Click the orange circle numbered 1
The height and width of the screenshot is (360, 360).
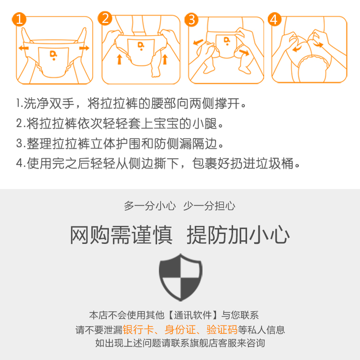pyautogui.click(x=19, y=19)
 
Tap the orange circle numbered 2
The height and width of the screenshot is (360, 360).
pyautogui.click(x=105, y=18)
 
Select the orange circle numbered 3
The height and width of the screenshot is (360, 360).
pyautogui.click(x=192, y=19)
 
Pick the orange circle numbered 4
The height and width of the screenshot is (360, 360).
pyautogui.click(x=274, y=19)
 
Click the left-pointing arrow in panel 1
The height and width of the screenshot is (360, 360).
pyautogui.click(x=24, y=48)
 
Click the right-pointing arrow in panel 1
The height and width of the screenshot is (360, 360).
pyautogui.click(x=84, y=48)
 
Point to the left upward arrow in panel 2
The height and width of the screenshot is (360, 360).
pyautogui.click(x=119, y=59)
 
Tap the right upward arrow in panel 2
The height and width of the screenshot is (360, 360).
pyautogui.click(x=165, y=59)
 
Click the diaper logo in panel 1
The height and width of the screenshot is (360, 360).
pyautogui.click(x=53, y=55)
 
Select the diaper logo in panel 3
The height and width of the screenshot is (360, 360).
pyautogui.click(x=227, y=41)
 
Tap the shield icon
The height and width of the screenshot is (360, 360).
pyautogui.click(x=180, y=277)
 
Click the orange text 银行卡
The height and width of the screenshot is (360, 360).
pyautogui.click(x=138, y=330)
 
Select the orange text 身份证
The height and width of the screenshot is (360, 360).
pyautogui.click(x=180, y=330)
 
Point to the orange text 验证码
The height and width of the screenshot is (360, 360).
pyautogui.click(x=222, y=330)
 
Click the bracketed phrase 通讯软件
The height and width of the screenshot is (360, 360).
pyautogui.click(x=193, y=315)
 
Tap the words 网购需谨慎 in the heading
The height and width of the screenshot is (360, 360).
pyautogui.click(x=121, y=234)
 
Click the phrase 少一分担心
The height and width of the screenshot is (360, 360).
pyautogui.click(x=209, y=206)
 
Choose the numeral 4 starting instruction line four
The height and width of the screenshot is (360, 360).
pyautogui.click(x=19, y=163)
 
